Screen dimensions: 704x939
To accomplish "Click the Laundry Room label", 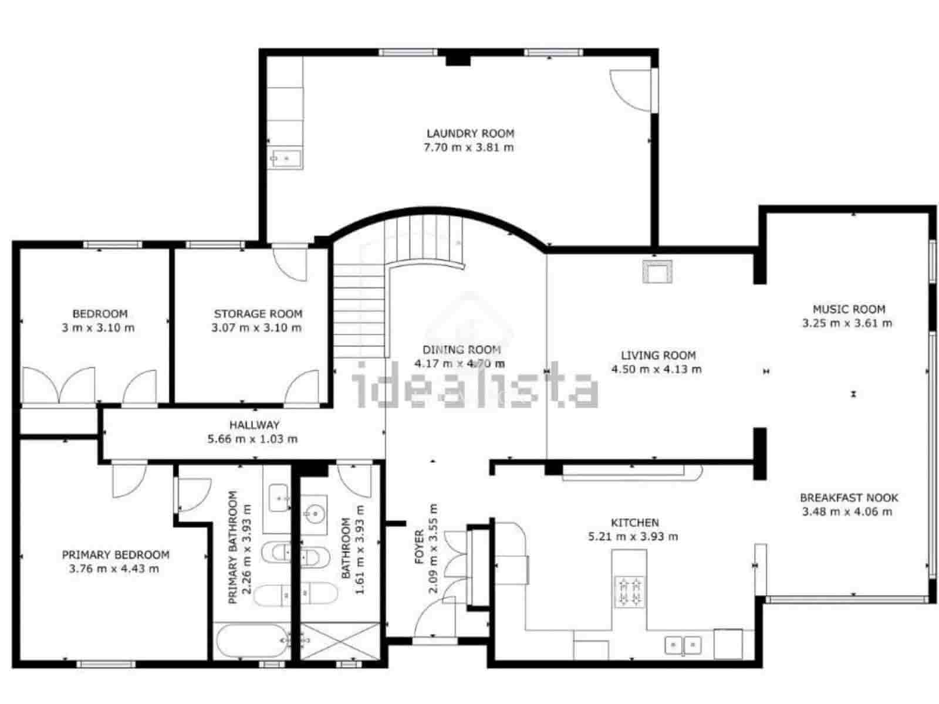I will [x=470, y=134].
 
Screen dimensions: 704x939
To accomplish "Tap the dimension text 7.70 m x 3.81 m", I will [x=468, y=147].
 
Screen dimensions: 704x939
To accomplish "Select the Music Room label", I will [x=849, y=309].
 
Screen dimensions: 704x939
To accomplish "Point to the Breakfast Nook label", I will [x=849, y=498].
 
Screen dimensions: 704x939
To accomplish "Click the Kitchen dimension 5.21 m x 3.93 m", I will [x=633, y=536].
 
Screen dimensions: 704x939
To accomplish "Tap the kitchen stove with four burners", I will [x=629, y=591].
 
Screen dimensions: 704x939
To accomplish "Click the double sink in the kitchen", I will [x=683, y=645].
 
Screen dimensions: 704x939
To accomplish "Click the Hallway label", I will [x=254, y=425].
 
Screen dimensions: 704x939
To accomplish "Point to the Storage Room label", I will [x=258, y=314].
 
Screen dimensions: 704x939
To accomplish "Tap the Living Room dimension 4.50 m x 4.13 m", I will [x=656, y=370].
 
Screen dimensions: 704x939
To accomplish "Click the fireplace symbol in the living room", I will [x=657, y=272].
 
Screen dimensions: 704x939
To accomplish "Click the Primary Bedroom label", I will [x=116, y=554].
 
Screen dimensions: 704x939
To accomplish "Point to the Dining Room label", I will [x=461, y=350].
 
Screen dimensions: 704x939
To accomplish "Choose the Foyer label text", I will [x=419, y=547].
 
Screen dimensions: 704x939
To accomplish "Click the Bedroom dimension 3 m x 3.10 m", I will [x=98, y=328].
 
